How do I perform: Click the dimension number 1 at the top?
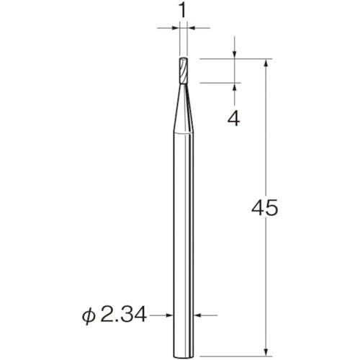pos(183,11)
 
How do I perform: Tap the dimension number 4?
pos(233,120)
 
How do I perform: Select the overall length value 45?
pos(265,208)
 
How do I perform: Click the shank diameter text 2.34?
pos(123,315)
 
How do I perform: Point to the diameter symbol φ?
pos(89,316)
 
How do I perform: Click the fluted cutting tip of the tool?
pos(184,71)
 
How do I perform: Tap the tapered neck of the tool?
pos(184,108)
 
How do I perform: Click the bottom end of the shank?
pos(184,356)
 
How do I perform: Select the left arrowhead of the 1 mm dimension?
pos(176,28)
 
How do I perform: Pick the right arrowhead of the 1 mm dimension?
pos(192,28)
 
